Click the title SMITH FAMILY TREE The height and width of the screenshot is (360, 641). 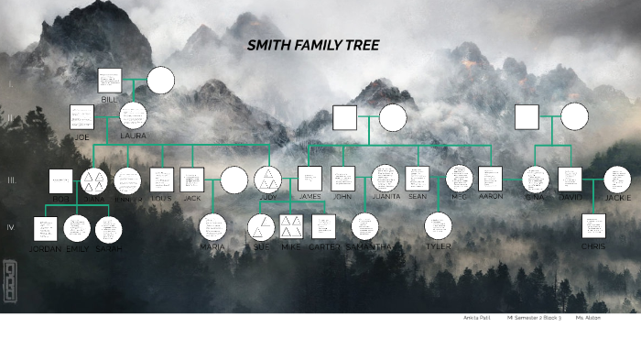pyautogui.click(x=312, y=45)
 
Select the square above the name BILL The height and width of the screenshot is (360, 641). pyautogui.click(x=110, y=80)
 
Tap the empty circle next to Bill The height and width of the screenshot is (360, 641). pyautogui.click(x=161, y=81)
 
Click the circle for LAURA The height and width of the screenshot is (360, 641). pyautogui.click(x=134, y=115)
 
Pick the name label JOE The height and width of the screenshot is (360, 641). pyautogui.click(x=81, y=136)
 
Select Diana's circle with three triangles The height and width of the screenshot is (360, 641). pyautogui.click(x=93, y=180)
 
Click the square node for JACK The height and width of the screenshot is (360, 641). pyautogui.click(x=191, y=180)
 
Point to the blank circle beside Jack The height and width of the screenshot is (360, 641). pyautogui.click(x=234, y=180)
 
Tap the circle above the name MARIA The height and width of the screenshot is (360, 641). pyautogui.click(x=212, y=226)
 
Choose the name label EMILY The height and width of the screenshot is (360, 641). pyautogui.click(x=78, y=248)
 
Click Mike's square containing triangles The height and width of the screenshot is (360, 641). pyautogui.click(x=291, y=226)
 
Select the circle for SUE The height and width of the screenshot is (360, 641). pyautogui.click(x=261, y=226)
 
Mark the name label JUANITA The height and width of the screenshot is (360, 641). pyautogui.click(x=386, y=196)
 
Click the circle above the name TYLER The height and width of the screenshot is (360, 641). pyautogui.click(x=439, y=225)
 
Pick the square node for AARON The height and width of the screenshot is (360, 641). pyautogui.click(x=490, y=179)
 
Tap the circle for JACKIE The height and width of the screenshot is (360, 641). pyautogui.click(x=617, y=180)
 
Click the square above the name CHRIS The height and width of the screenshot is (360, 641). pyautogui.click(x=593, y=225)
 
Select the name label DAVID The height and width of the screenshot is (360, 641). pyautogui.click(x=570, y=196)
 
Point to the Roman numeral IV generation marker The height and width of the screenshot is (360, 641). pyautogui.click(x=11, y=227)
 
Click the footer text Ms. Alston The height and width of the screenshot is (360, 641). pyautogui.click(x=588, y=318)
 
